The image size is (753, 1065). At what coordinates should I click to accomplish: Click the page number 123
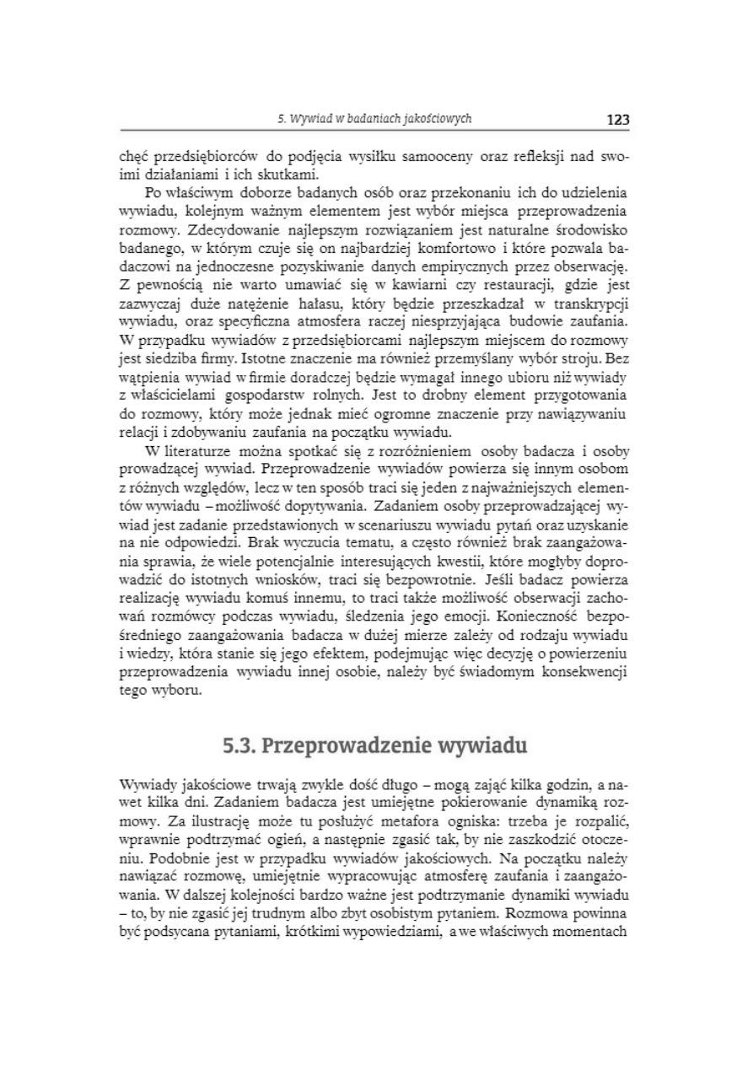click(x=618, y=120)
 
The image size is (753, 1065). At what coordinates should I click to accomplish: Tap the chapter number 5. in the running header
click(x=282, y=119)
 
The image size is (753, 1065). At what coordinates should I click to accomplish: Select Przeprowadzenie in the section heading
click(x=339, y=745)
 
